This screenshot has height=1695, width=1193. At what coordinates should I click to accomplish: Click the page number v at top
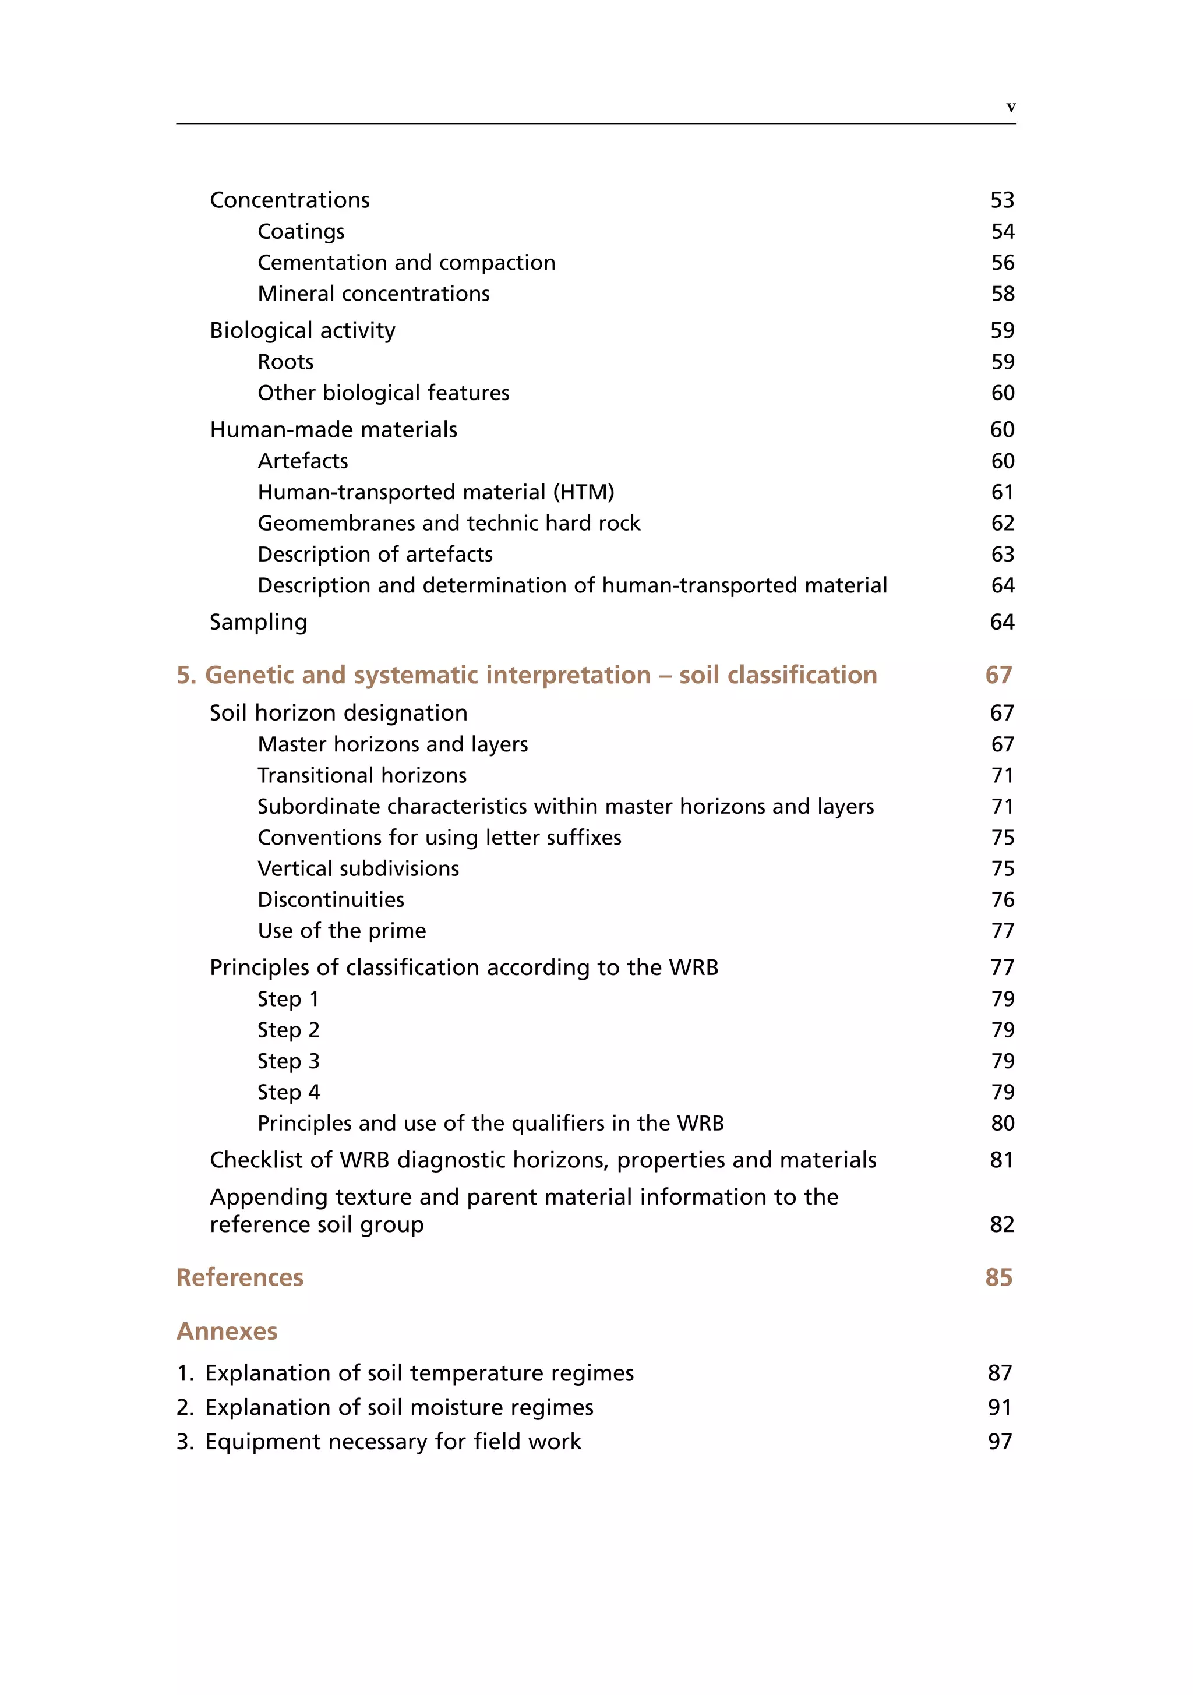[x=1011, y=107]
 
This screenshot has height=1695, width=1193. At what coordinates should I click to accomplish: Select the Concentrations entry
[x=290, y=200]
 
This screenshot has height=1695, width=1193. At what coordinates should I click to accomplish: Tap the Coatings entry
[x=301, y=232]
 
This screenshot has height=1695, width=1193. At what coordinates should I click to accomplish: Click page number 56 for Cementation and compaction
[x=1002, y=263]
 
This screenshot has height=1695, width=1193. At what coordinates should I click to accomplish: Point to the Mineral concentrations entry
[x=373, y=294]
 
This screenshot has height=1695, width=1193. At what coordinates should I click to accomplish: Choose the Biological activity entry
[x=302, y=330]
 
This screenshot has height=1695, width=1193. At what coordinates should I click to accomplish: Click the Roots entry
[x=285, y=362]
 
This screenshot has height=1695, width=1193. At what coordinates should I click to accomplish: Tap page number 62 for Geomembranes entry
[x=1002, y=524]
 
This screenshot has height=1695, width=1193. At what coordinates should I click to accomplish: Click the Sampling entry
[x=259, y=621]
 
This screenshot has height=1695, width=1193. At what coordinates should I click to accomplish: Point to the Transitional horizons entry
[x=362, y=775]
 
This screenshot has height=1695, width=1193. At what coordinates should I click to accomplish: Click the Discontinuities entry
[x=331, y=899]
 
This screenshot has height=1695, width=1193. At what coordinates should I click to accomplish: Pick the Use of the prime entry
[x=341, y=930]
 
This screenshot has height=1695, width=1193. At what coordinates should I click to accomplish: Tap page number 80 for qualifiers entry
[x=1002, y=1123]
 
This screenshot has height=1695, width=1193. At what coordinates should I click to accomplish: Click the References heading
[x=240, y=1277]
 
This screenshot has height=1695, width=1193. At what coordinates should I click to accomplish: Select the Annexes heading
[x=227, y=1331]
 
